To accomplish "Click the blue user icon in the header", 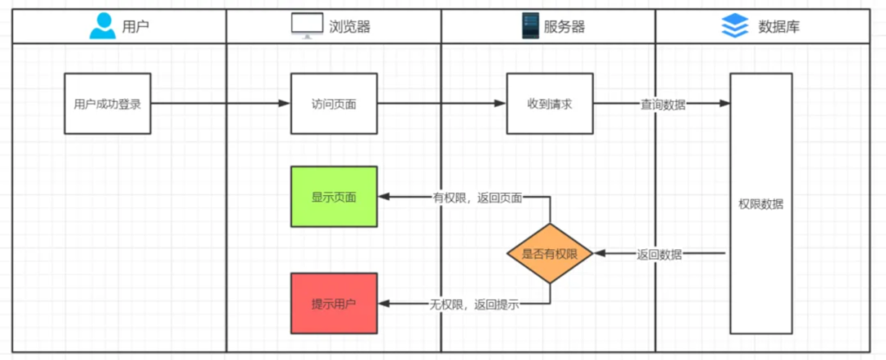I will click(x=103, y=26).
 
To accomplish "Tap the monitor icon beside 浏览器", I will click(x=307, y=26).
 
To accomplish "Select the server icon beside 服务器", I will click(x=529, y=26).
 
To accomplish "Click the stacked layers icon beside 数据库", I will click(x=735, y=26).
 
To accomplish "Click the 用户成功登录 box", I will click(x=107, y=104).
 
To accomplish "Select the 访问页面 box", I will click(x=334, y=104).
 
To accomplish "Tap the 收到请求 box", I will click(x=549, y=104).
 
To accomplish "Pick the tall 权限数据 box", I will click(x=760, y=203).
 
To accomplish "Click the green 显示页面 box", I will click(x=334, y=197).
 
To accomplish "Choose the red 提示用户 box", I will click(x=334, y=303).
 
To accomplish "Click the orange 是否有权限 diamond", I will click(x=550, y=254).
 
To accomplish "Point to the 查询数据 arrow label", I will click(x=663, y=104).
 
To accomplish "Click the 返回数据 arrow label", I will click(x=660, y=254).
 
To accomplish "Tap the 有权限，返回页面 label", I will click(x=477, y=198).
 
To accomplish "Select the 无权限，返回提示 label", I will click(x=474, y=304).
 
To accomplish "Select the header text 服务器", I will click(x=564, y=26).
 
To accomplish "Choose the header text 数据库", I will click(x=779, y=26).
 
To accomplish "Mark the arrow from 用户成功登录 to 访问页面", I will click(x=220, y=104).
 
